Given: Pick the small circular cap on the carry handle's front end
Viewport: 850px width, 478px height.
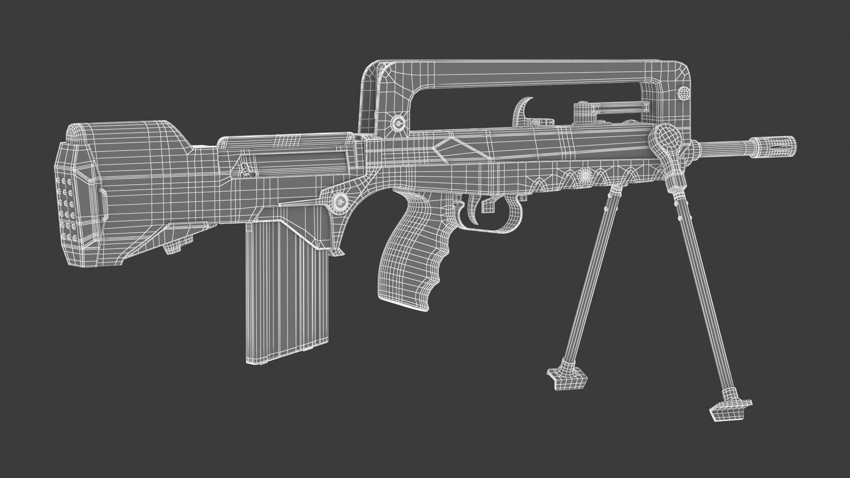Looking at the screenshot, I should [684, 94].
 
